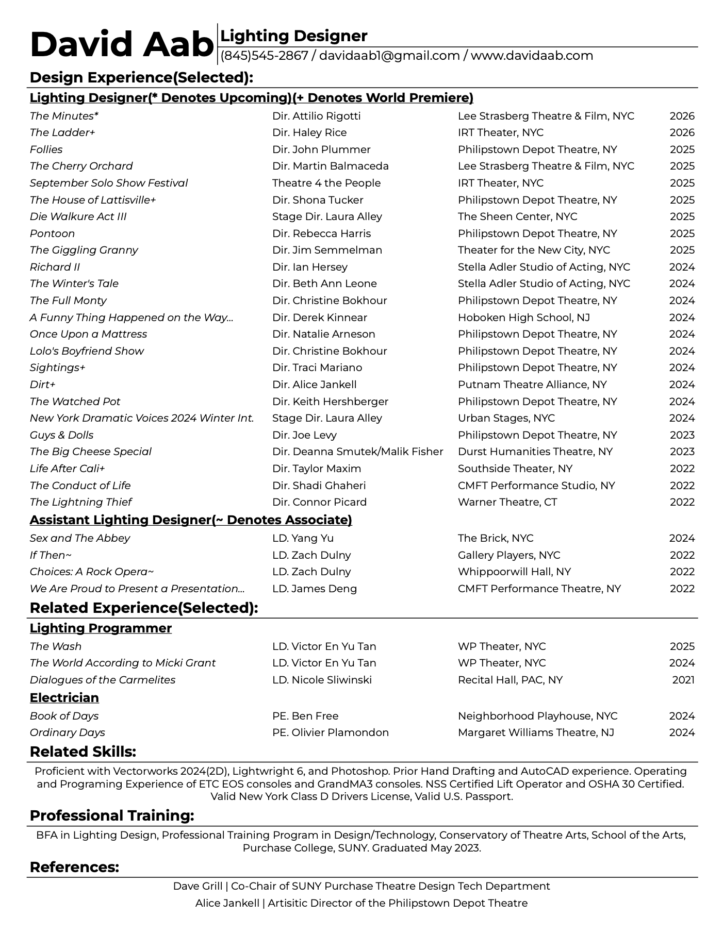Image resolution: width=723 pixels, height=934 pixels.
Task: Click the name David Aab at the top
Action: [121, 45]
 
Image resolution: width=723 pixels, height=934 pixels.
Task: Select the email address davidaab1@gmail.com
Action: [389, 56]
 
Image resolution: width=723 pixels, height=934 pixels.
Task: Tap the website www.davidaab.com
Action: [532, 56]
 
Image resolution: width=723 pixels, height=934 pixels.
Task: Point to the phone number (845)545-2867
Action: [264, 56]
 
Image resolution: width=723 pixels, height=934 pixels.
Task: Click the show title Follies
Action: [46, 149]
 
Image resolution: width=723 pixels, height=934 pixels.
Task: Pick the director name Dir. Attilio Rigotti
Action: [317, 116]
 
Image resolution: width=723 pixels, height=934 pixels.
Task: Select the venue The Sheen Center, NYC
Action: [517, 216]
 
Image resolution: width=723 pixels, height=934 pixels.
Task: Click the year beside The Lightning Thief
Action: [682, 502]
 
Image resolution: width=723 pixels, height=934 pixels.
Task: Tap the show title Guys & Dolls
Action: [62, 435]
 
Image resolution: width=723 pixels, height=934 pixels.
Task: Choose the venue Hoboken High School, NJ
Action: [523, 318]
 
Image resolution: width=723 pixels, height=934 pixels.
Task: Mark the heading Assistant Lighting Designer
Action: [191, 520]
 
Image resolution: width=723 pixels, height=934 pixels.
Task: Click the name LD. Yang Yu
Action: [303, 538]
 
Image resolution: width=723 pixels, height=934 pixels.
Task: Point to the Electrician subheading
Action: [64, 697]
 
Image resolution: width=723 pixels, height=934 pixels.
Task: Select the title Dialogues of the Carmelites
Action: [103, 680]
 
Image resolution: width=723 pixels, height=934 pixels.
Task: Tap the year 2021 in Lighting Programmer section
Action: [683, 680]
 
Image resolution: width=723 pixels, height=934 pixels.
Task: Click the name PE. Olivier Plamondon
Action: [331, 732]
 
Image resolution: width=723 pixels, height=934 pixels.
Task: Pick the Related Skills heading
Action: [83, 752]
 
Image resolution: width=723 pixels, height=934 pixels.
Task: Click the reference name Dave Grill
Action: [198, 886]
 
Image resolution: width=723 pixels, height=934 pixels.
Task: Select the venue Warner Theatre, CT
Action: [507, 502]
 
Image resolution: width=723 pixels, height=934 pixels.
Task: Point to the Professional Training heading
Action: [112, 815]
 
